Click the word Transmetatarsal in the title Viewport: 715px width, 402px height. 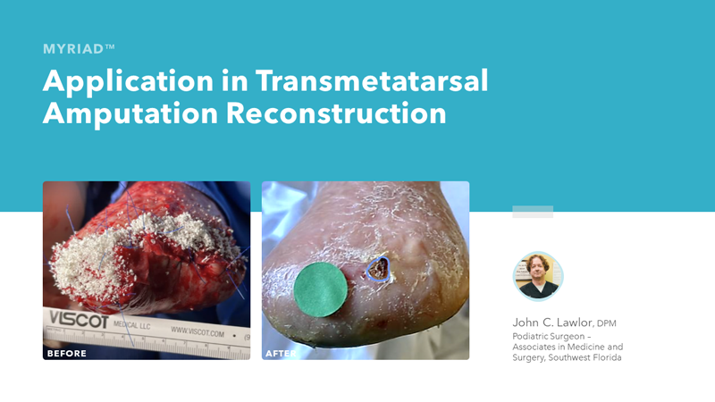(372, 80)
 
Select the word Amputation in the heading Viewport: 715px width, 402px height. (130, 113)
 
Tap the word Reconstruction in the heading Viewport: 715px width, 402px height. (336, 113)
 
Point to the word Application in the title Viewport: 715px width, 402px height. (129, 82)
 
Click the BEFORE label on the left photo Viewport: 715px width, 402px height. (66, 353)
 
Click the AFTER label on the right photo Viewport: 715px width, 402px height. (280, 353)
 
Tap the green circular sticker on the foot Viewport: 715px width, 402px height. (321, 289)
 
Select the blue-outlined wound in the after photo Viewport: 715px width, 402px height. (378, 269)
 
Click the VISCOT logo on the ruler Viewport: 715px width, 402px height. (79, 320)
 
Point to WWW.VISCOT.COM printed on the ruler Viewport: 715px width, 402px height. (198, 331)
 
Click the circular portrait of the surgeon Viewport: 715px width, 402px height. (538, 276)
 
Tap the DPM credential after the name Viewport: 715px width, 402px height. (607, 323)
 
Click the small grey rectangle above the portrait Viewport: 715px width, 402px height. (533, 212)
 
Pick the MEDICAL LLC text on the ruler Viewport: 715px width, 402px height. (131, 325)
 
